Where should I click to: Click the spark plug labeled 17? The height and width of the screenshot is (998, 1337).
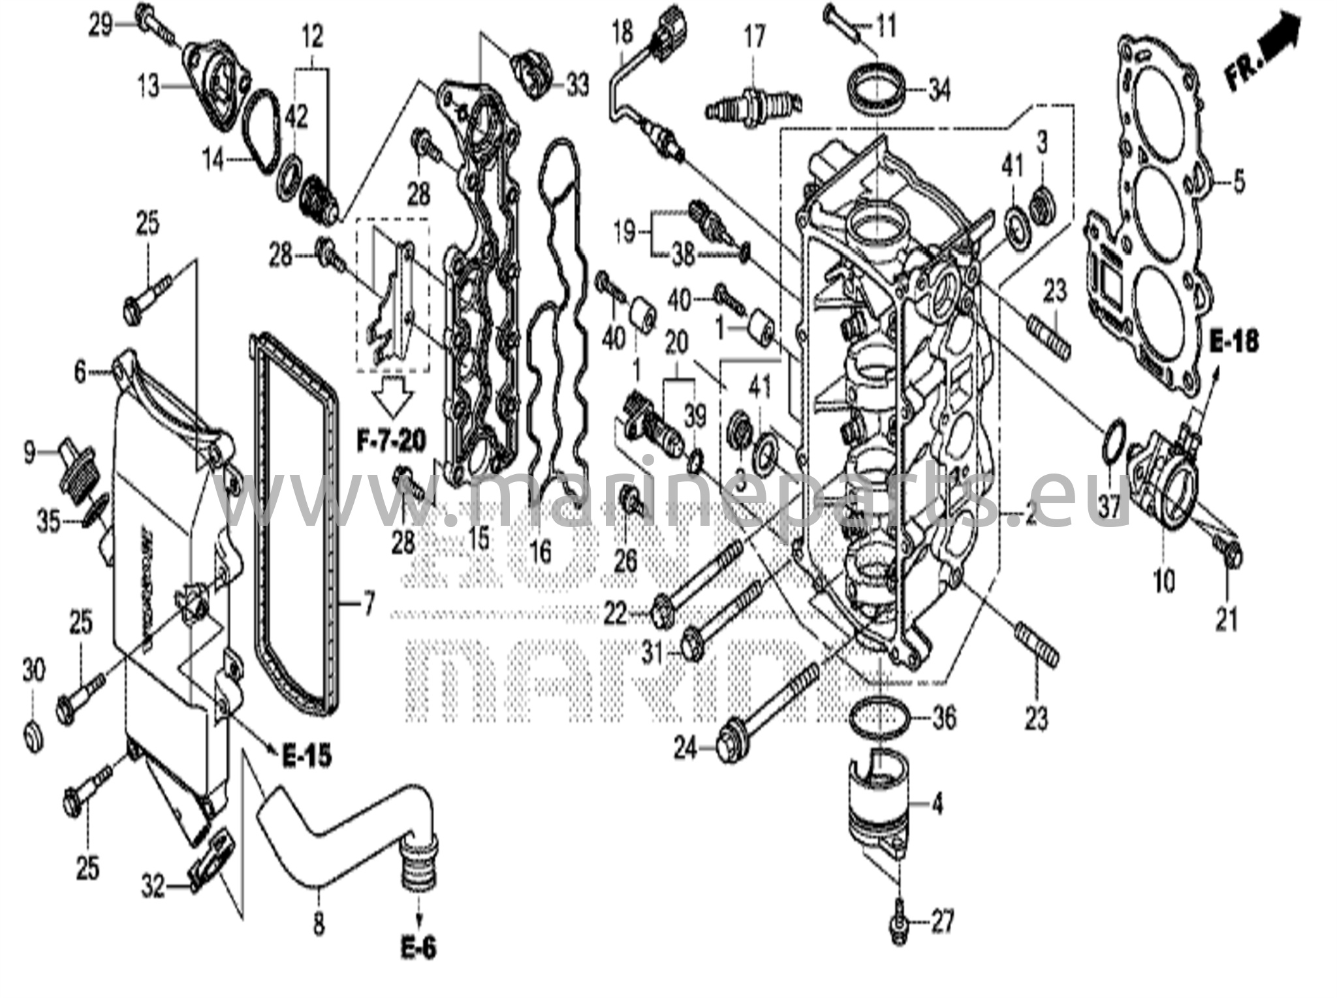click(754, 108)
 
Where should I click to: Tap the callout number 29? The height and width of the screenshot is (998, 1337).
click(101, 27)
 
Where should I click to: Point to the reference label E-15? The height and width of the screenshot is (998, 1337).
click(307, 756)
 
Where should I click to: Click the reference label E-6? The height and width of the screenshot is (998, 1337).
click(418, 948)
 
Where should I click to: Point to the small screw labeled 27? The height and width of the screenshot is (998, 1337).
click(898, 923)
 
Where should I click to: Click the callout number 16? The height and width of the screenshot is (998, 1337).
click(541, 552)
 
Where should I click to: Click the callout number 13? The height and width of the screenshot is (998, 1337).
click(148, 86)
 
